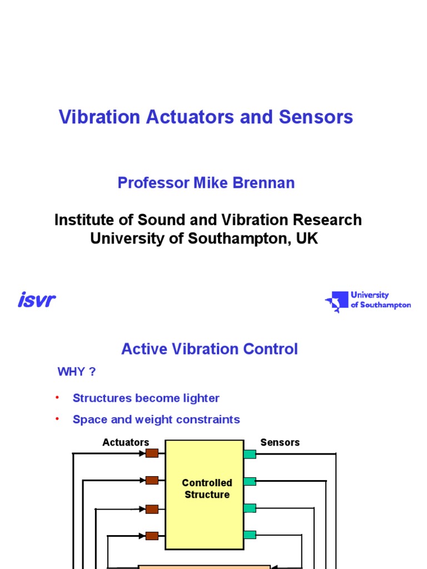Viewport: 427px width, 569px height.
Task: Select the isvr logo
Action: click(37, 301)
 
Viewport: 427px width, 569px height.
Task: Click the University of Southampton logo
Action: click(368, 301)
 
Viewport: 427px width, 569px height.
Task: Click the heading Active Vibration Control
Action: click(210, 349)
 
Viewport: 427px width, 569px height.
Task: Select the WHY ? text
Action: click(77, 372)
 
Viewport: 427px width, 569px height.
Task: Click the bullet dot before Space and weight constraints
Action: click(57, 419)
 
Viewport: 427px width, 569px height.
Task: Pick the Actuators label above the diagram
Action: click(126, 442)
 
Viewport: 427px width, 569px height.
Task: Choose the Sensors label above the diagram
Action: click(280, 442)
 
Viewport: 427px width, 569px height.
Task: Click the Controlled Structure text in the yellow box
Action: click(207, 489)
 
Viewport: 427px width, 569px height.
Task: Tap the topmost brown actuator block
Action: click(152, 453)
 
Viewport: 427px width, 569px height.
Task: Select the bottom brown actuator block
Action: click(152, 536)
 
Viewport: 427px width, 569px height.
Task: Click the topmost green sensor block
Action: click(250, 454)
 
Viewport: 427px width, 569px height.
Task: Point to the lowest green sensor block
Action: click(250, 535)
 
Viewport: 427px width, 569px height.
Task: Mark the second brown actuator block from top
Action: click(152, 480)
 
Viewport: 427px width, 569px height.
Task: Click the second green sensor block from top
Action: click(250, 481)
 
